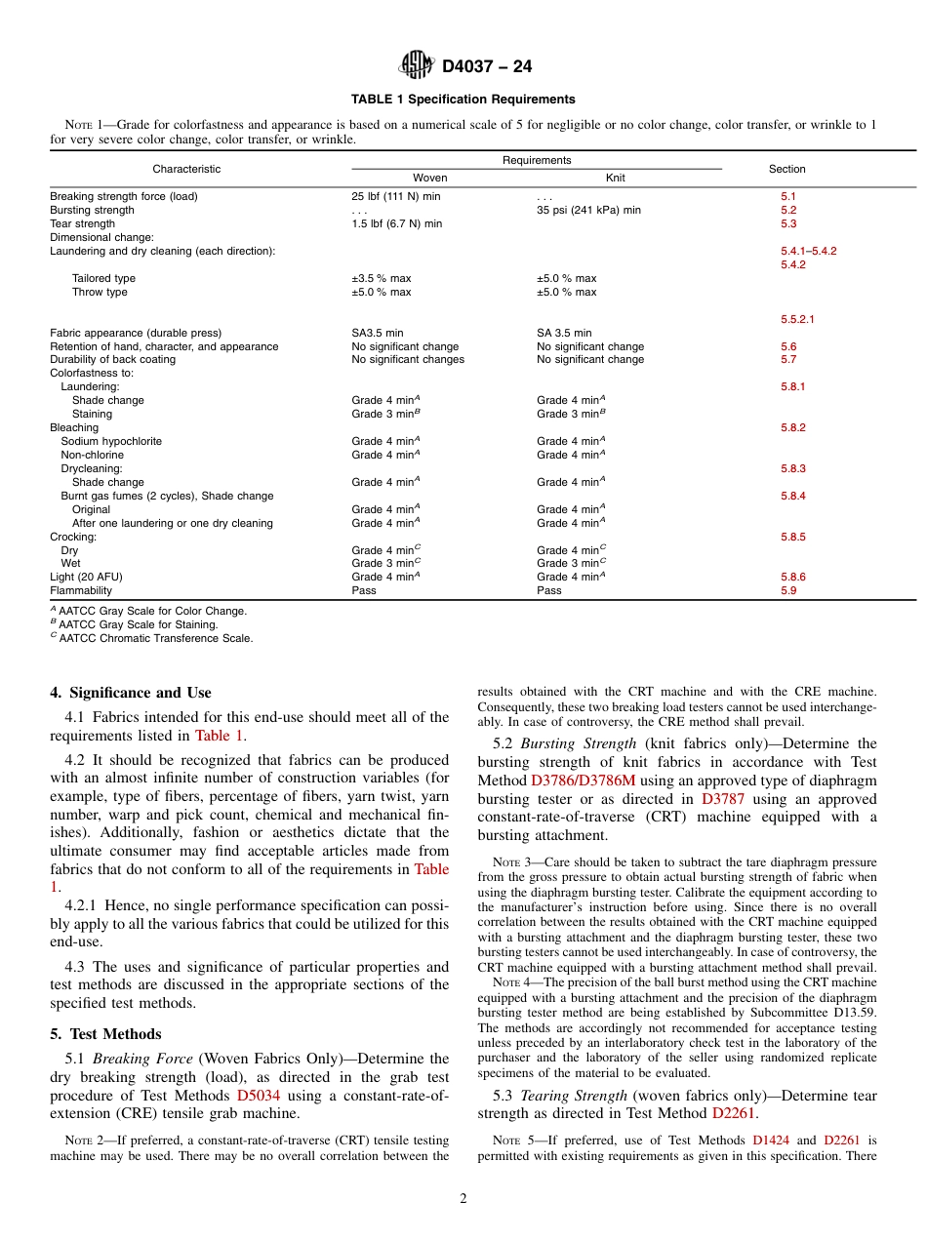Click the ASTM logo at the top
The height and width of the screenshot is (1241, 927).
pos(417,66)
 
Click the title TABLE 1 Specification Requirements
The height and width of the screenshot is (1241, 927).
pos(463,100)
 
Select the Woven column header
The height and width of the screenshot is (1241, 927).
pos(430,179)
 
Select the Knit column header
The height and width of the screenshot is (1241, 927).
pos(616,179)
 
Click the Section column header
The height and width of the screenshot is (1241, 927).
pos(786,169)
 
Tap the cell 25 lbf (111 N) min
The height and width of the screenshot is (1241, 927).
pos(395,197)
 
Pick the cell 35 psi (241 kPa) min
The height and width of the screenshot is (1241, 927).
pos(588,211)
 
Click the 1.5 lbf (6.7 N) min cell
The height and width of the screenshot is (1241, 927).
pos(396,224)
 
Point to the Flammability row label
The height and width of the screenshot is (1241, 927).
pos(81,591)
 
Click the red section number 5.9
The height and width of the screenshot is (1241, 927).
pos(788,591)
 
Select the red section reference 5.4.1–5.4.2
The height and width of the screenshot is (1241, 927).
pos(808,252)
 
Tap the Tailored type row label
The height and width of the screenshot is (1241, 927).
pos(103,279)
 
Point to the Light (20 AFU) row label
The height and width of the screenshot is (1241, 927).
pos(90,578)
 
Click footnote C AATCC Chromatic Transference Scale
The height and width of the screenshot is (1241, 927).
pos(153,639)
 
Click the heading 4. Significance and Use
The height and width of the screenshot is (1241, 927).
pos(131,694)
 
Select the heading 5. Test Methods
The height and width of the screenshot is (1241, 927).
pos(105,1034)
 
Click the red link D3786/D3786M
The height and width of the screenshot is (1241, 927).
pos(582,781)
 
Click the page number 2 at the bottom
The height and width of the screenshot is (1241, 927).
pos(463,1200)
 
